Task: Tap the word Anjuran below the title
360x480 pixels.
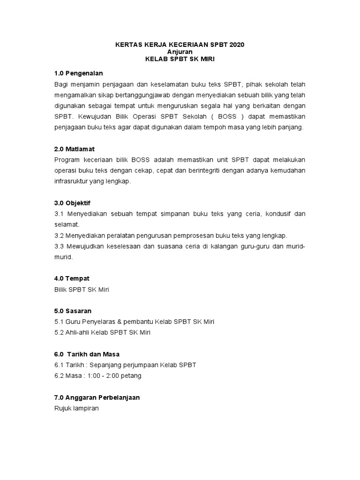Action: [x=180, y=52]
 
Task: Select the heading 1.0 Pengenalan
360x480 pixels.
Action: [x=78, y=73]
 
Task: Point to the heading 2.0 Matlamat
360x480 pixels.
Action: [x=75, y=149]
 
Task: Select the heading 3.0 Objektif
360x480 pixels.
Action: [x=73, y=203]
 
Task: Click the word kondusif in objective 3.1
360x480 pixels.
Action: [x=278, y=214]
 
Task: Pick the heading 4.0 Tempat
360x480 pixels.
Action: [x=72, y=278]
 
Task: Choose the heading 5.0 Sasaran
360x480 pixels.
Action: [x=73, y=311]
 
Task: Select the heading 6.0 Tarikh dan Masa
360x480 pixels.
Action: [x=90, y=354]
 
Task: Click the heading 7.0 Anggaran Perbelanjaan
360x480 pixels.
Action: [x=97, y=397]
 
